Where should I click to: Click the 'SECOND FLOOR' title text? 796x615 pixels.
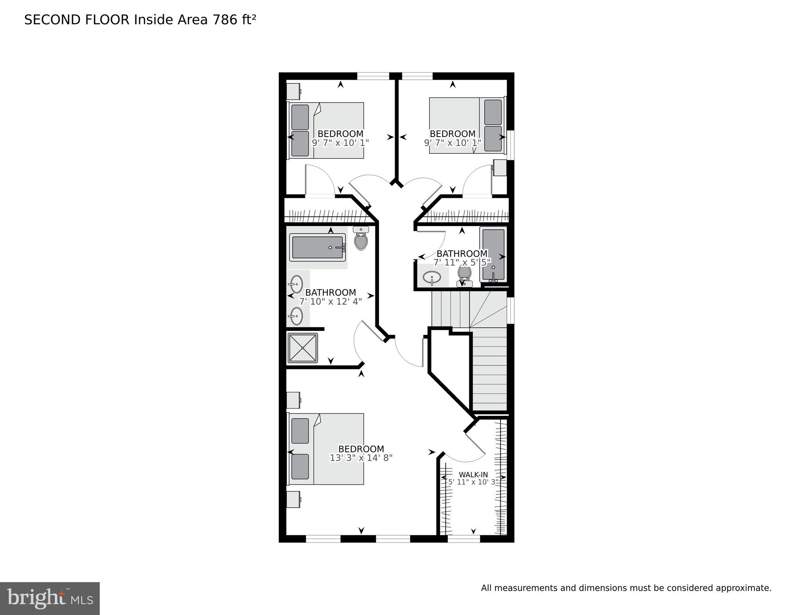pyautogui.click(x=77, y=20)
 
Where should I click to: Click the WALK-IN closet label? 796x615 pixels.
pyautogui.click(x=473, y=475)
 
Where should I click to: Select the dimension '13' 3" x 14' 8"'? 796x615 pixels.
pyautogui.click(x=361, y=458)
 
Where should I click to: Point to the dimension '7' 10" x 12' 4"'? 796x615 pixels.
pyautogui.click(x=330, y=301)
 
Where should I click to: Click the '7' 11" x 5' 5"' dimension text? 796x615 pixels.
pyautogui.click(x=462, y=262)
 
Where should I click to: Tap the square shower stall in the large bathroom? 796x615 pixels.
pyautogui.click(x=303, y=348)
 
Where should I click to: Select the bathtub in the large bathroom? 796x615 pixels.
pyautogui.click(x=317, y=247)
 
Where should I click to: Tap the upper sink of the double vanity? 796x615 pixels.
pyautogui.click(x=296, y=284)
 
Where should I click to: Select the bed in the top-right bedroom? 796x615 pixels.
pyautogui.click(x=467, y=125)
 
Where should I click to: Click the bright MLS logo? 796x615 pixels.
pyautogui.click(x=50, y=598)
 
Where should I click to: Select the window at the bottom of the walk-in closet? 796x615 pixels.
pyautogui.click(x=463, y=539)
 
